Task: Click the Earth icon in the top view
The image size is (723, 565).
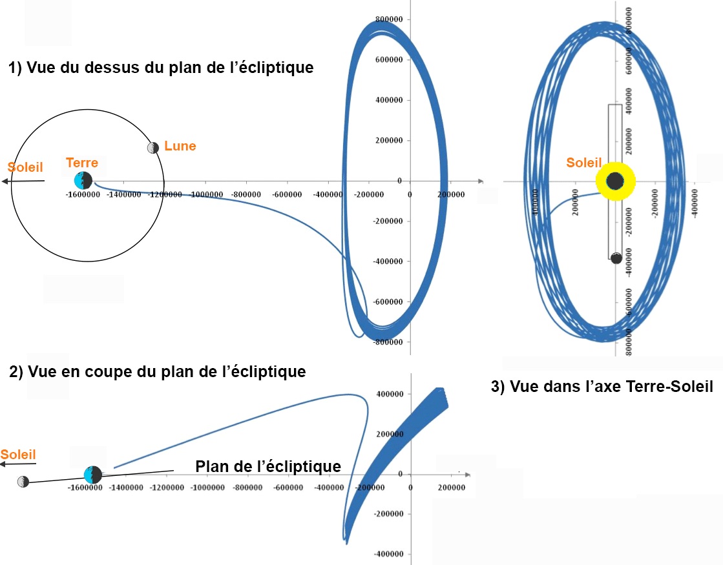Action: point(83,181)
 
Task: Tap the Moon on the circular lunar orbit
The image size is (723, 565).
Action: point(153,147)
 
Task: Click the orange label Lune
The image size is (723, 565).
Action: point(180,146)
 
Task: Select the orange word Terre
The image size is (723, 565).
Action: point(82,163)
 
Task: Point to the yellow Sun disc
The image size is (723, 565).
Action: point(615,181)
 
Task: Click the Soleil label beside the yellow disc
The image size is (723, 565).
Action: point(584,163)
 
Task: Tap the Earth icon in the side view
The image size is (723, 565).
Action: point(93,475)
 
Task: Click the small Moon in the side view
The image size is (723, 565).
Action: point(23,482)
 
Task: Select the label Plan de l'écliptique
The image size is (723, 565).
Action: point(268,466)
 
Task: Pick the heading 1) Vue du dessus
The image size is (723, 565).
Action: point(161,67)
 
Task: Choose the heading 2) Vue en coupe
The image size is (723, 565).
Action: point(157,372)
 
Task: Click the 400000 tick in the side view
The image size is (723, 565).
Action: point(390,394)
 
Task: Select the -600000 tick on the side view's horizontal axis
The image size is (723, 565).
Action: point(288,488)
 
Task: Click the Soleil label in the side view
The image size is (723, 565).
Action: point(18,454)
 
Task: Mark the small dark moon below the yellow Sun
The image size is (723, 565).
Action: point(616,258)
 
